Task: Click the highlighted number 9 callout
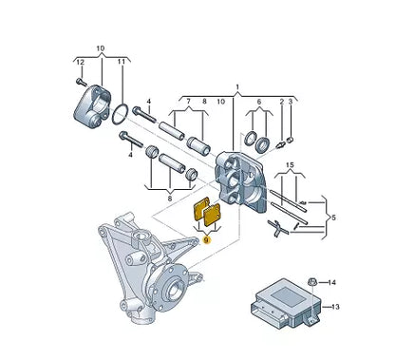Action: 207,240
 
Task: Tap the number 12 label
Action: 81,62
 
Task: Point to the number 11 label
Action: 122,62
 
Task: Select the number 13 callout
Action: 335,307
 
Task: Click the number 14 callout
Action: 331,282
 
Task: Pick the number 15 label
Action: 290,165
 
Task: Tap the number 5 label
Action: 333,218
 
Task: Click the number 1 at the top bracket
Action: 237,86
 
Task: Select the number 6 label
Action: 259,102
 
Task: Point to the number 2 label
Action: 282,102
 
